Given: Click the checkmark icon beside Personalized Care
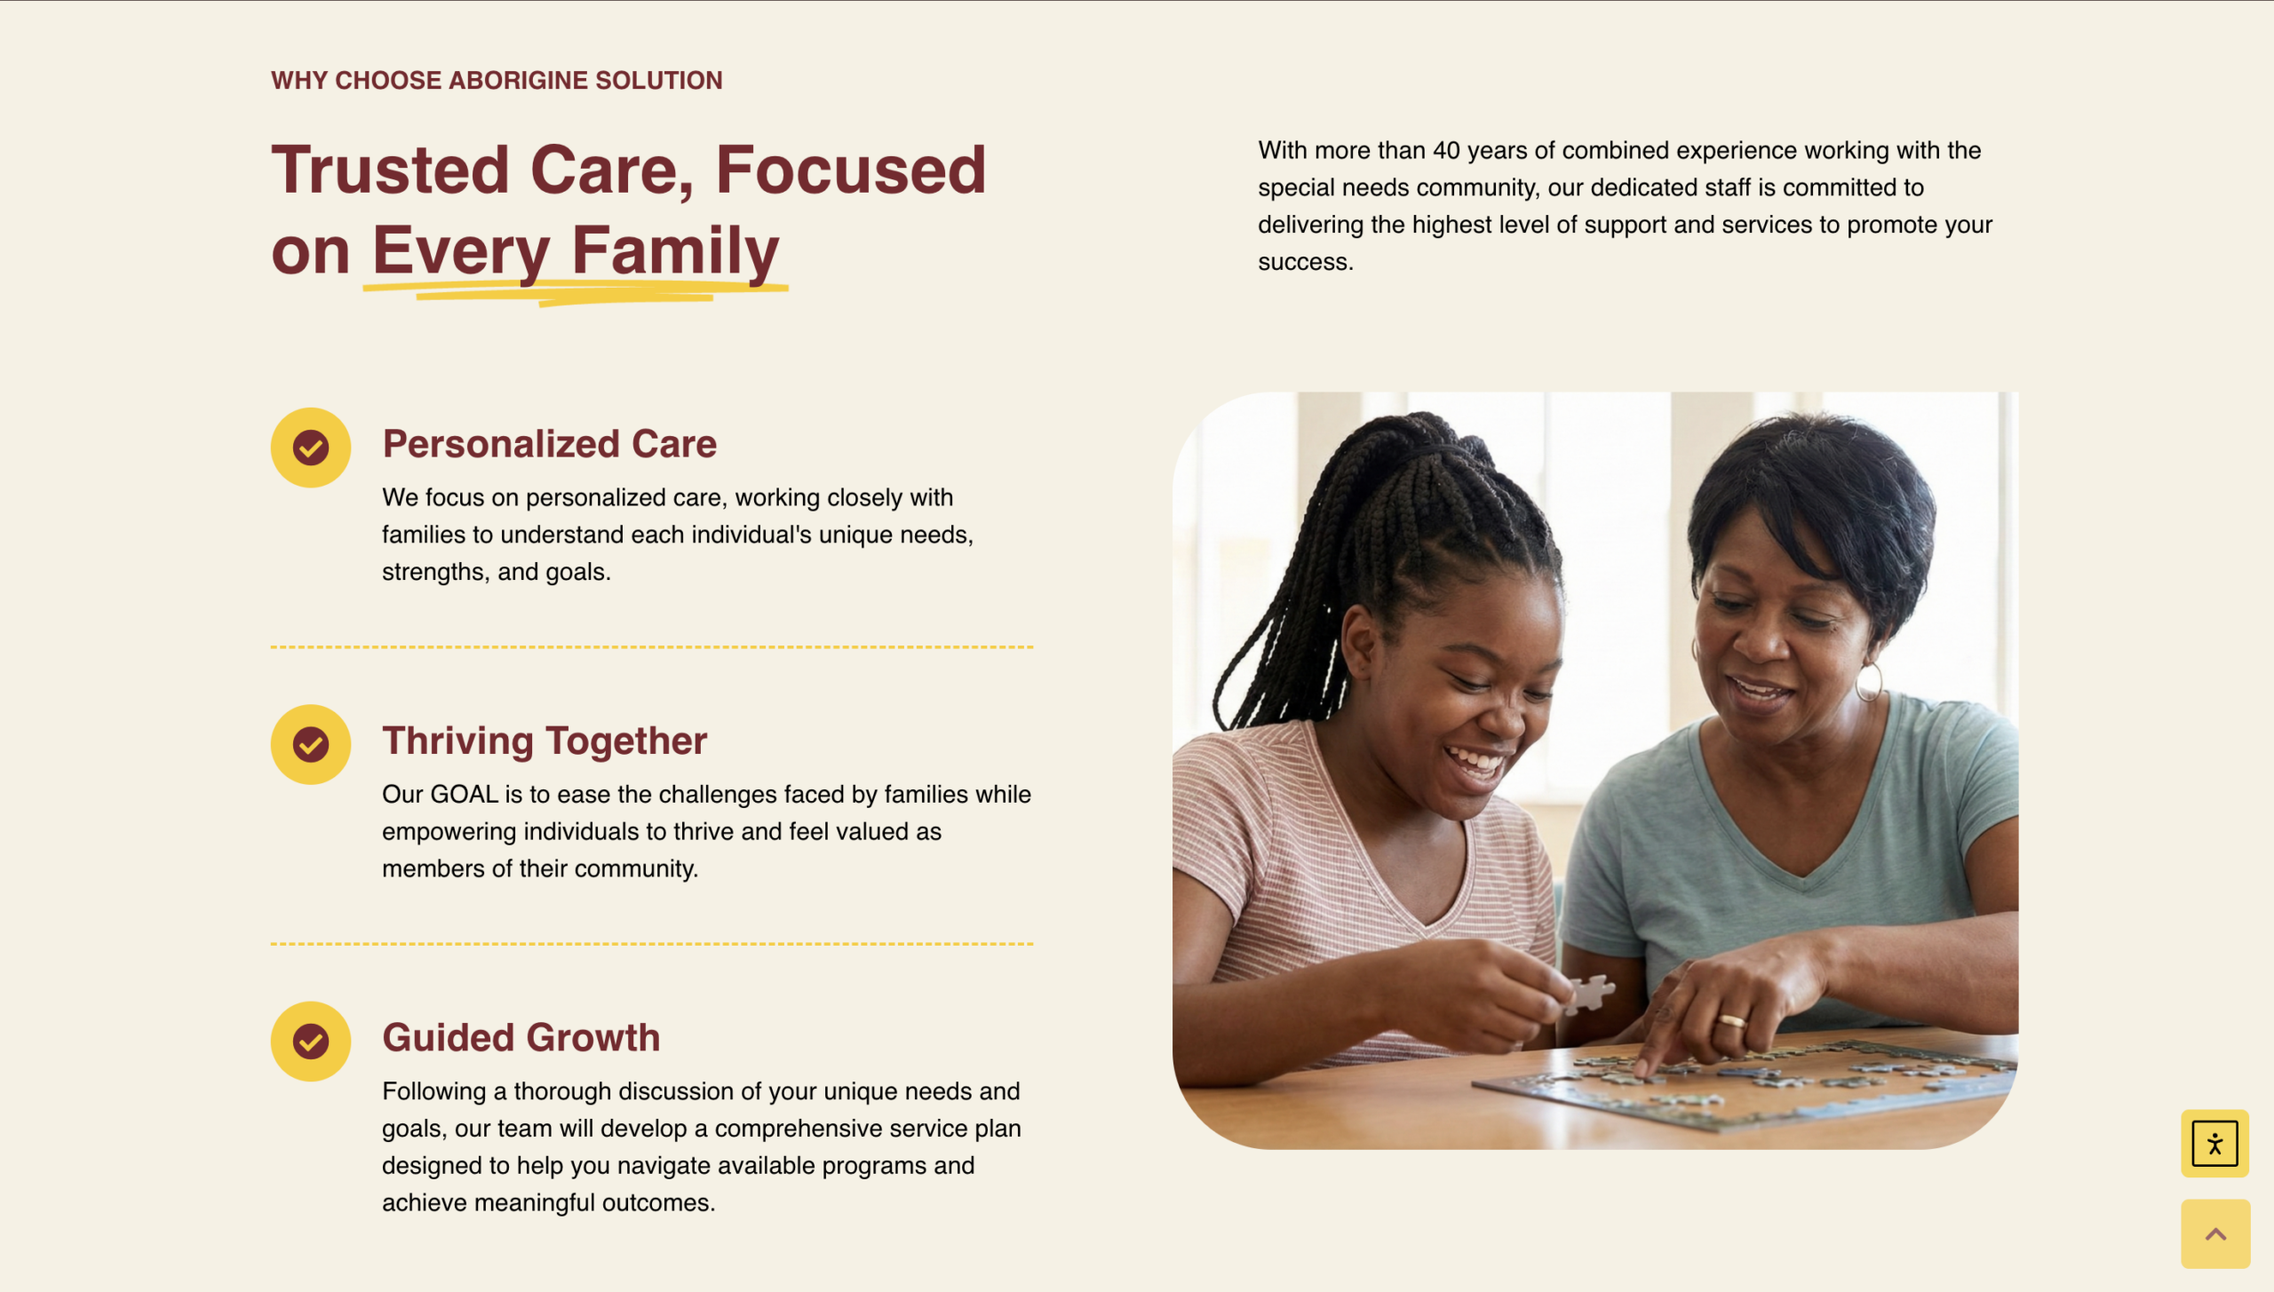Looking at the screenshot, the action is [x=311, y=448].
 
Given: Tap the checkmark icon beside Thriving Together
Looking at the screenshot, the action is [x=311, y=744].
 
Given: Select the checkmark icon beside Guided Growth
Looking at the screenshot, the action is [x=311, y=1041].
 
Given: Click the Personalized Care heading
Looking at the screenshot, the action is [x=549, y=444].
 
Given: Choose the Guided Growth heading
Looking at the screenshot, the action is [x=521, y=1037].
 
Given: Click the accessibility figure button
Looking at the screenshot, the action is [x=2214, y=1143].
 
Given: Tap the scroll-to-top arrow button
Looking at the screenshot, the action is [x=2215, y=1233].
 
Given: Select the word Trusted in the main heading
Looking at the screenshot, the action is [x=390, y=170].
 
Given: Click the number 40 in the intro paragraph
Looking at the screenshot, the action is [x=1446, y=150].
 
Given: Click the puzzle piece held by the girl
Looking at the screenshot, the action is [x=1590, y=993].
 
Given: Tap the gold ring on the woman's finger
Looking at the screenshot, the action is [x=1730, y=1020].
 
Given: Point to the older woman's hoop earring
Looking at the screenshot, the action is [x=1869, y=682].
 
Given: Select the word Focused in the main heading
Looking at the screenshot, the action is [x=851, y=170].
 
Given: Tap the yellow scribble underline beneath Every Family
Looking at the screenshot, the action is [x=576, y=292].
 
